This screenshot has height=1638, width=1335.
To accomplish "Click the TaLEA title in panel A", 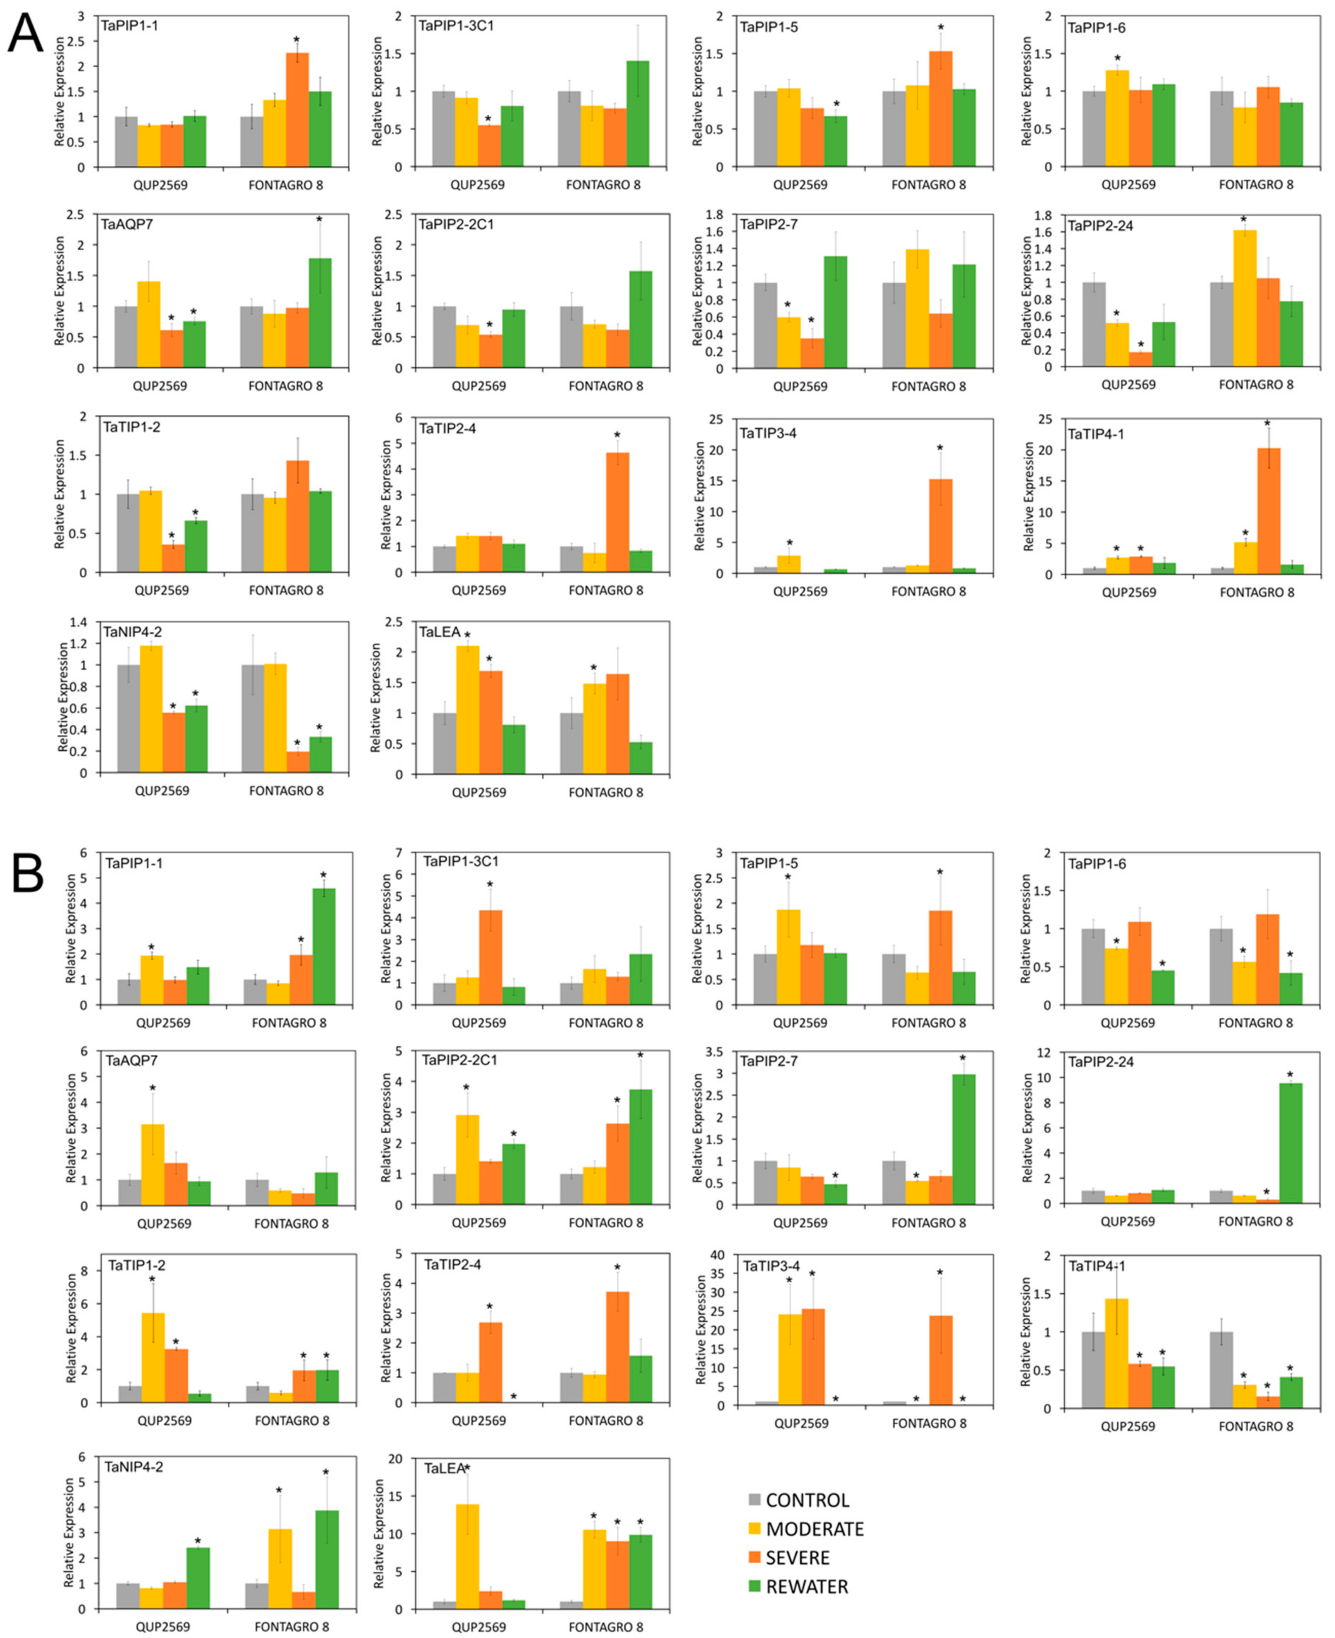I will pos(440,632).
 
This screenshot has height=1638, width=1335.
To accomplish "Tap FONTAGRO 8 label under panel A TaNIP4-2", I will pos(286,790).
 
